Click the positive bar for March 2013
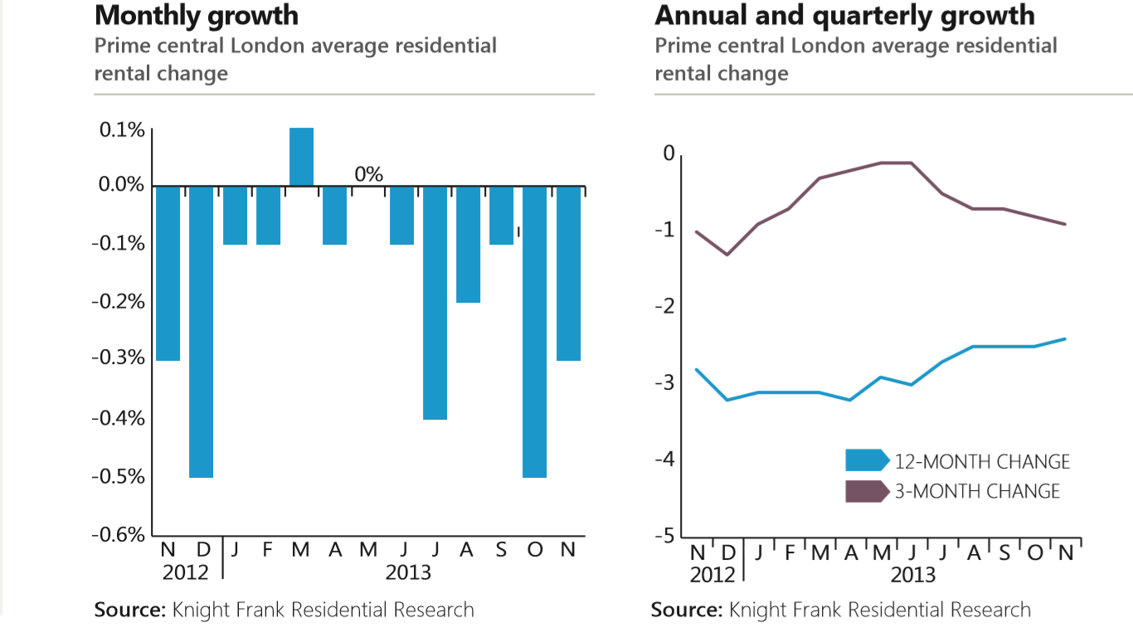[x=301, y=157]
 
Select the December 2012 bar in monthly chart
[x=202, y=331]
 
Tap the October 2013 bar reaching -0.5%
[x=534, y=331]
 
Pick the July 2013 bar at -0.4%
[x=435, y=302]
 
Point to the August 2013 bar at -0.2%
[x=468, y=244]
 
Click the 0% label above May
[x=368, y=174]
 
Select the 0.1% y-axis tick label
[x=122, y=130]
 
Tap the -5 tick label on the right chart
[x=664, y=537]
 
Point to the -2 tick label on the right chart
[x=664, y=308]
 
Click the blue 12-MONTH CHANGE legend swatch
[x=866, y=460]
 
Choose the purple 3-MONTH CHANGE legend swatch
[x=866, y=490]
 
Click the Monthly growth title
[x=197, y=16]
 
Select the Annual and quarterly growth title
[x=844, y=16]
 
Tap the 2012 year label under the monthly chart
[x=185, y=572]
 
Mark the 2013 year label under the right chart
[x=913, y=574]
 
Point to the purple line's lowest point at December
[x=727, y=254]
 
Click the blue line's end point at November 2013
[x=1065, y=338]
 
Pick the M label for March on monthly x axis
[x=300, y=550]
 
